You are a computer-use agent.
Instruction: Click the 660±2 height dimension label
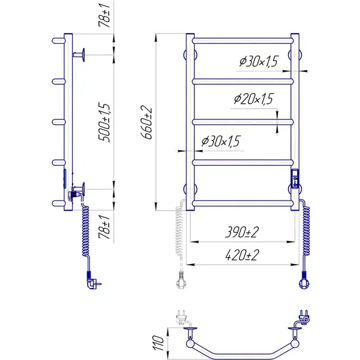[x=146, y=122]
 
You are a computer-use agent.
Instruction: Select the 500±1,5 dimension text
[x=104, y=122]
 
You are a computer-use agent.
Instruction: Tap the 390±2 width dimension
[x=242, y=232]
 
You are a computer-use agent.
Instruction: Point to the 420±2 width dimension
[x=242, y=255]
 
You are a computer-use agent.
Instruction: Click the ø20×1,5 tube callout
[x=253, y=99]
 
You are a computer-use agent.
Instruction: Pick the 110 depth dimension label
[x=158, y=343]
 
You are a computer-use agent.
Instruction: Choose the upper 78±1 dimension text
[x=104, y=16]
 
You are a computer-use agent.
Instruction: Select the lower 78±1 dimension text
[x=104, y=227]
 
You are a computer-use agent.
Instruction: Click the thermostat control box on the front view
[x=295, y=179]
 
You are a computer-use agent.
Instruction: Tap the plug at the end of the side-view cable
[x=93, y=281]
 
